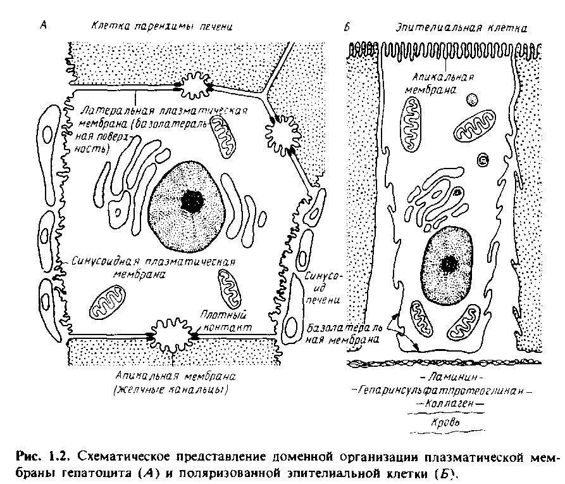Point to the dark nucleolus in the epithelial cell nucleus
(450, 262)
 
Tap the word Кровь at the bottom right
(443, 420)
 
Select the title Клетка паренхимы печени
(162, 27)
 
